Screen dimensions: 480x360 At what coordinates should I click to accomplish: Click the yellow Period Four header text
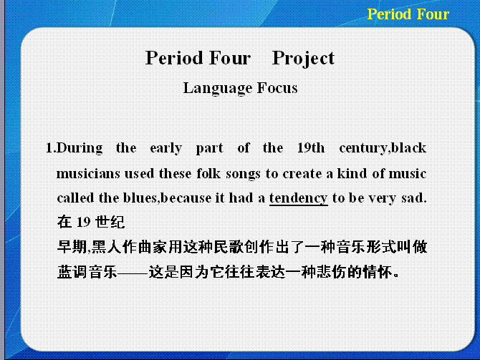408,14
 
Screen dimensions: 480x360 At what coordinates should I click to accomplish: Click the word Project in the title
303,58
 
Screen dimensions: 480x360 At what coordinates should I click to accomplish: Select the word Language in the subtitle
217,89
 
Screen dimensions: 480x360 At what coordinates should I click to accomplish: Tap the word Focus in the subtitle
277,88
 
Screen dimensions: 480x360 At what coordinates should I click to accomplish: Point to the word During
80,148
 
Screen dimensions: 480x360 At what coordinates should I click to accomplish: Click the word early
166,148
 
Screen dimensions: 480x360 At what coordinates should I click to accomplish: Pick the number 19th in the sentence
311,147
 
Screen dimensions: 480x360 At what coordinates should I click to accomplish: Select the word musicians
88,174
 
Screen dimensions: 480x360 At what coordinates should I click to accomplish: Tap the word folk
208,173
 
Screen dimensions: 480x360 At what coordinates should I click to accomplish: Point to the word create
302,174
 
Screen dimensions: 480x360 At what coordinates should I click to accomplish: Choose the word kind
352,173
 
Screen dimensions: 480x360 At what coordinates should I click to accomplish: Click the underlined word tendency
299,198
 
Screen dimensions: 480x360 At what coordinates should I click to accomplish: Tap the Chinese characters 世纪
110,222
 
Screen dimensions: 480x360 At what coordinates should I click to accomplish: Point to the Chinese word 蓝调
72,271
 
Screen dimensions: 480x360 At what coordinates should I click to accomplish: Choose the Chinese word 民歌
229,247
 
